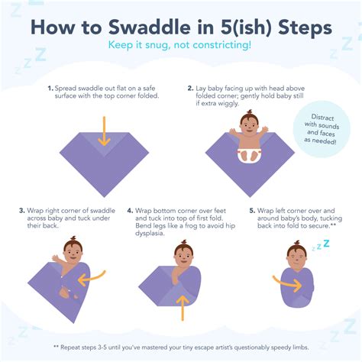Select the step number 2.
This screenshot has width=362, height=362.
190,88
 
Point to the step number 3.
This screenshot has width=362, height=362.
22,209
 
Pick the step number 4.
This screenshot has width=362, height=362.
131,209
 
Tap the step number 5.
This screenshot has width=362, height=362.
253,209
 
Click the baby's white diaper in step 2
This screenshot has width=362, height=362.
249,154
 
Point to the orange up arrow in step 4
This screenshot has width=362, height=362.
182,305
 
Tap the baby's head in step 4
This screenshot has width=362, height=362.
183,251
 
